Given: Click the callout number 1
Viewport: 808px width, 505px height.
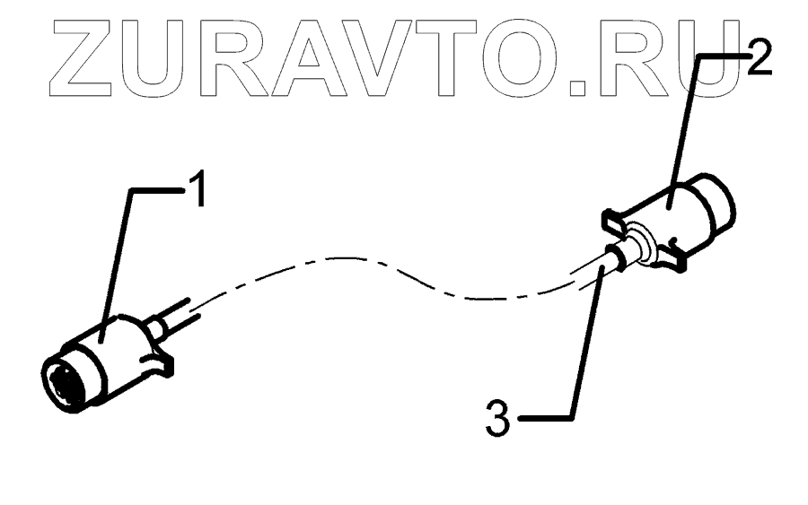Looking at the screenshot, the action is point(198,191).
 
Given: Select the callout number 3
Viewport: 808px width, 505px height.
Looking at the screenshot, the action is point(500,418).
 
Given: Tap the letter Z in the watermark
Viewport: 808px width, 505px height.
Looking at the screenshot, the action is point(57,56).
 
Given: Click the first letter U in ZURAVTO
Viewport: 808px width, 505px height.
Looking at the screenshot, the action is point(147,56).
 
